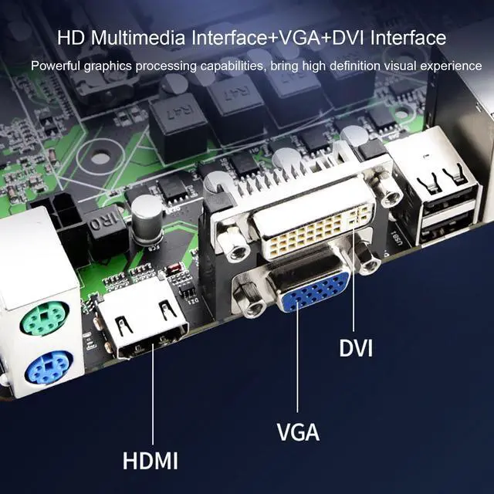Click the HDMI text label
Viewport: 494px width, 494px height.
(150, 462)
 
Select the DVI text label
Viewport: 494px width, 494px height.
(356, 348)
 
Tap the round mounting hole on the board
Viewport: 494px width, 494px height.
(101, 159)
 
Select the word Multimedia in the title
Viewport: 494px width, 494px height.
(135, 37)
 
